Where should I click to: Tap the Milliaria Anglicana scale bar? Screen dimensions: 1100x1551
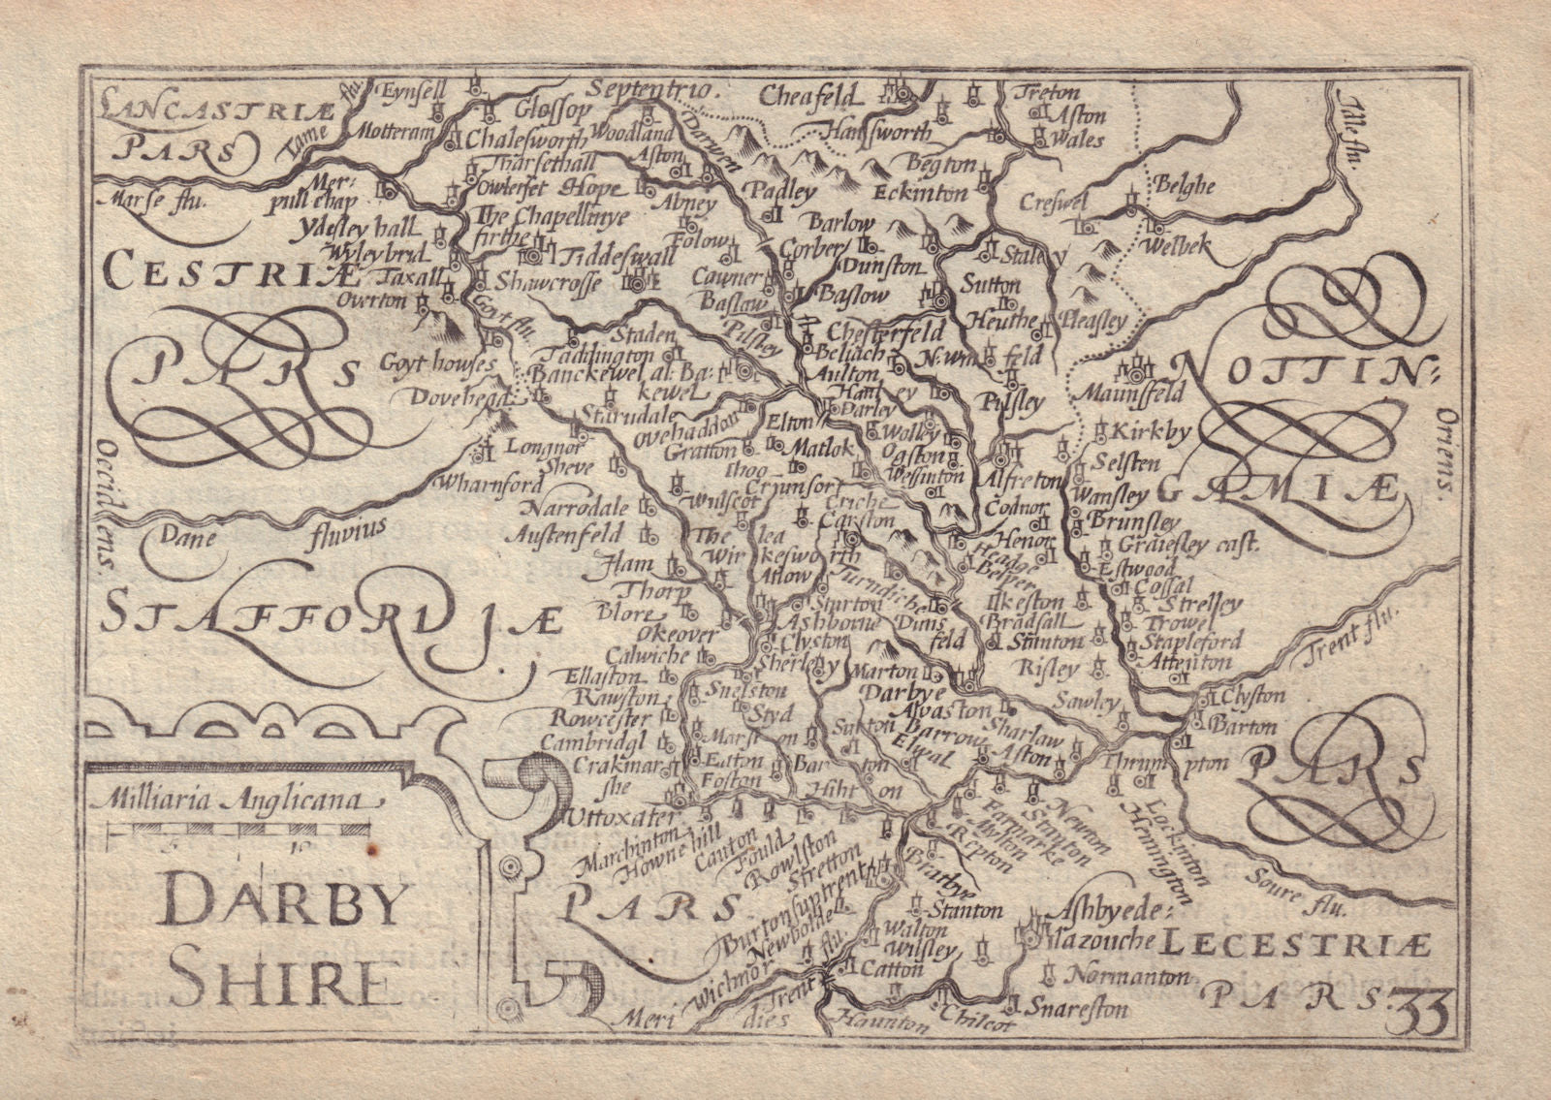coord(238,830)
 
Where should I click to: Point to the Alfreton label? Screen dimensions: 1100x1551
coord(1020,478)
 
